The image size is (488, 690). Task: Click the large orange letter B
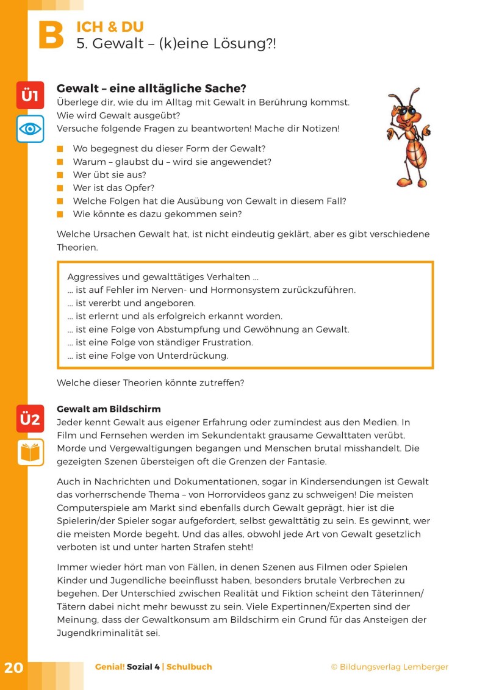(51, 36)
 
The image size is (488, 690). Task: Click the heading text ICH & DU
(110, 27)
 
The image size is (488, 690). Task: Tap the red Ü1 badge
(30, 95)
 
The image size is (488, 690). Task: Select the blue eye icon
(30, 129)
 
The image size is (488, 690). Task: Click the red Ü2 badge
(30, 419)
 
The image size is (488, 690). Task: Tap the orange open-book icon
(30, 452)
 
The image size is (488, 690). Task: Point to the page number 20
(13, 667)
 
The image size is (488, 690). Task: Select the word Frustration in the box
(227, 342)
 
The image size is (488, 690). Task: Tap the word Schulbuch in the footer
(190, 667)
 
